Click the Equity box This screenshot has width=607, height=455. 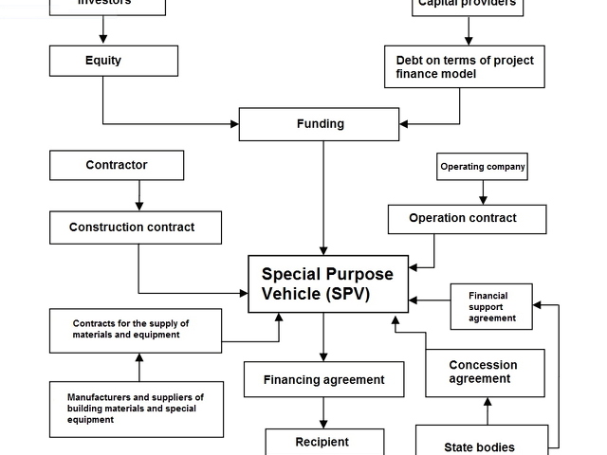coord(113,61)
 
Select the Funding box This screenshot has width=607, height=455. coord(319,124)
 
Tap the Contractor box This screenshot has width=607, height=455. coord(116,165)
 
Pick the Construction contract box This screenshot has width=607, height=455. coord(136,227)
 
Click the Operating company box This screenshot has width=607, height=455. coord(482,167)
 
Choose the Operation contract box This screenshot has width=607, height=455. coord(467,219)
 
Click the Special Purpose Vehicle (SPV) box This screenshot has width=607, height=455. coord(328,283)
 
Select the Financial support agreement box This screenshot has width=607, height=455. coord(490,307)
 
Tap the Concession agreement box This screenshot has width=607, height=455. coord(485,373)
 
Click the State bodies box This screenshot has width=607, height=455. coord(480,442)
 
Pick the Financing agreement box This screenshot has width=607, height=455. coord(323,379)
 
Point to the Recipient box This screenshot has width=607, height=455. coord(323,442)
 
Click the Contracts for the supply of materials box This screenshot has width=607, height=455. coord(137,330)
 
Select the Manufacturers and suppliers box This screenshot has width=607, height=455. coord(137,409)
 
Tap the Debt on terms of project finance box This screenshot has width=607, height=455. coord(464,66)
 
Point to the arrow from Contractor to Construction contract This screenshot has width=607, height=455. coord(139,195)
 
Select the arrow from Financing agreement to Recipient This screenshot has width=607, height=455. coord(323,412)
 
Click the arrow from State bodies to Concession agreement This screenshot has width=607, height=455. coord(487,410)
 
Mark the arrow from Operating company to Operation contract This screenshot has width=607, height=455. coord(483,192)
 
